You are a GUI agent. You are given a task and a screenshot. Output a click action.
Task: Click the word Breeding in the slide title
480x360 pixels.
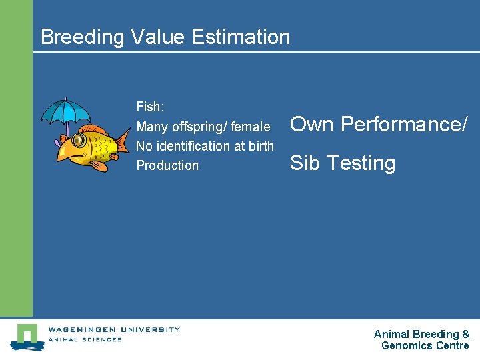pyautogui.click(x=82, y=37)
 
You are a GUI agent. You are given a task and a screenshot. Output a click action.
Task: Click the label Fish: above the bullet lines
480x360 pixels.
pyautogui.click(x=150, y=107)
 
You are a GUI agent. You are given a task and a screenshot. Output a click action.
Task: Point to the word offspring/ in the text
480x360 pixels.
pyautogui.click(x=199, y=127)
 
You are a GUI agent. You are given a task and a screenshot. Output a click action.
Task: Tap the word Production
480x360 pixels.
pyautogui.click(x=167, y=165)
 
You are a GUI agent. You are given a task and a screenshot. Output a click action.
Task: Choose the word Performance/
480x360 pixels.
pyautogui.click(x=405, y=124)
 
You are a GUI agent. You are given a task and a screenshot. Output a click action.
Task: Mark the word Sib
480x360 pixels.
pyautogui.click(x=305, y=163)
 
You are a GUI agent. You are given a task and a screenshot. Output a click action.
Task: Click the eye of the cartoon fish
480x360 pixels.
pyautogui.click(x=79, y=141)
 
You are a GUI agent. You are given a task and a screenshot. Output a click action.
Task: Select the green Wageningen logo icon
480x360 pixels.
pyautogui.click(x=27, y=336)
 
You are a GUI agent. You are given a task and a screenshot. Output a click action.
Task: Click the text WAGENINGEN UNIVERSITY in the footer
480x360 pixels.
pyautogui.click(x=113, y=329)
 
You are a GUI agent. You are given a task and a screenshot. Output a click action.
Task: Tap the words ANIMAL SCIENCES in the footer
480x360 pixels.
pyautogui.click(x=85, y=339)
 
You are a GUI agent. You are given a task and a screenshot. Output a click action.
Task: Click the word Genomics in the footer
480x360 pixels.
pyautogui.click(x=407, y=345)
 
